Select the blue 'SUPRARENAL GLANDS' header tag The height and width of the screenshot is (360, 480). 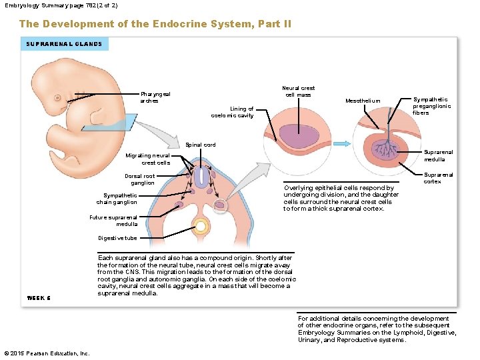64,44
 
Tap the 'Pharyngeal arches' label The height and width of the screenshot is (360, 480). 155,97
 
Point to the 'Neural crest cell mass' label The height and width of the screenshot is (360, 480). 298,91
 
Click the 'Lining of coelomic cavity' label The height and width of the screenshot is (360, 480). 232,112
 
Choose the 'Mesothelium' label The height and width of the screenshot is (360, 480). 363,101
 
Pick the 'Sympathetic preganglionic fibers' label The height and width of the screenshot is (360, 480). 431,106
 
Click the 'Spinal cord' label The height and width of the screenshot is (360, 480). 200,145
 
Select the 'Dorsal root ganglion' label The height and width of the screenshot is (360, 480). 139,179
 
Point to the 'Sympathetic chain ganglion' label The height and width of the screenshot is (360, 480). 117,199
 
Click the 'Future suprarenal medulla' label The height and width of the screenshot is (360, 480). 113,221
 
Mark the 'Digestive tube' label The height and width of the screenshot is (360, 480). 117,238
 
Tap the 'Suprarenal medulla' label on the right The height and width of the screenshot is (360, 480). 439,155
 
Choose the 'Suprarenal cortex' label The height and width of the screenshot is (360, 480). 438,178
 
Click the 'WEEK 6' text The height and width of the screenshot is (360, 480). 39,297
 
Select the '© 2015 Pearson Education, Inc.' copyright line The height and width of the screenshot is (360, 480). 46,353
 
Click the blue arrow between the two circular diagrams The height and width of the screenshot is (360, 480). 341,143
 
